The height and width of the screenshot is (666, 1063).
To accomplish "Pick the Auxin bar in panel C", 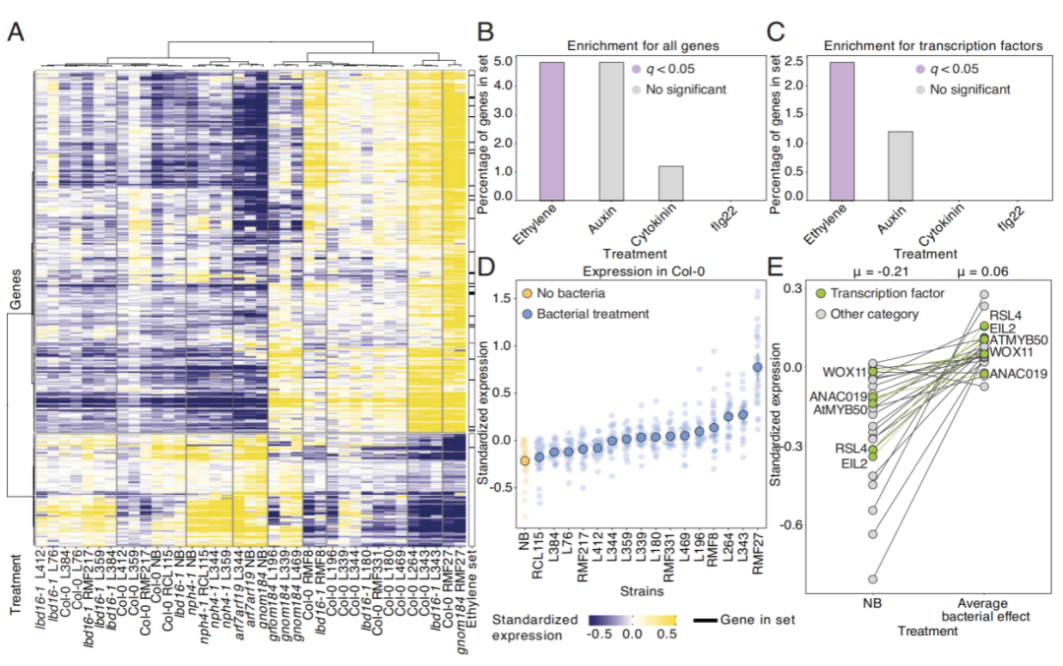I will pyautogui.click(x=900, y=163).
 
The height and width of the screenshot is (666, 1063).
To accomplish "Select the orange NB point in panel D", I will pyautogui.click(x=525, y=459).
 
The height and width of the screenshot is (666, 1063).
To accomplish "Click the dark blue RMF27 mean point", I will pyautogui.click(x=757, y=367).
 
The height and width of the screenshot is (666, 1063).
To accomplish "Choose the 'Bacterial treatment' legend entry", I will pyautogui.click(x=587, y=313).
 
